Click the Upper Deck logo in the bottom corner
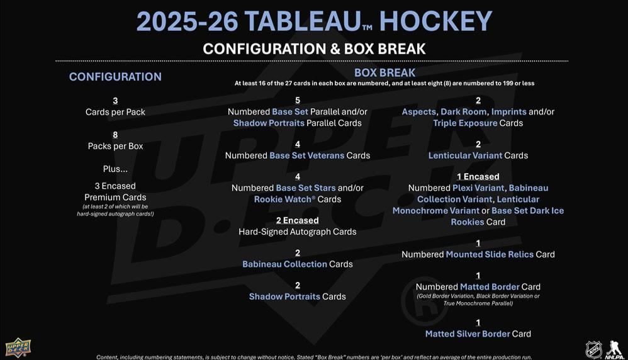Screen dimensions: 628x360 tap(18, 347)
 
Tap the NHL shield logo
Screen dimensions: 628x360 tap(593, 349)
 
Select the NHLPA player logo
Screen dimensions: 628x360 tap(614, 349)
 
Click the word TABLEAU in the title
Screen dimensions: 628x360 tap(303, 21)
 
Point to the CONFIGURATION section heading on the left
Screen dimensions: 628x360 tap(115, 77)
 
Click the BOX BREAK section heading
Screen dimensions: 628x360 tap(385, 72)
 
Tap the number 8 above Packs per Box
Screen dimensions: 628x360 tap(115, 135)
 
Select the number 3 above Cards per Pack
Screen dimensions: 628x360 tap(115, 101)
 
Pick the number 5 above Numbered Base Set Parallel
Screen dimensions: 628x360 tap(298, 101)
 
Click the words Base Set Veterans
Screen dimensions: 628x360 tap(307, 155)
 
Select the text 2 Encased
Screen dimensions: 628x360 tap(298, 221)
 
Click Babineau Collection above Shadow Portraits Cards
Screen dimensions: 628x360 tap(285, 264)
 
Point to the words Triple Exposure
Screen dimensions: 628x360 tap(465, 123)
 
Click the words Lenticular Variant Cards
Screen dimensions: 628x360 tap(478, 155)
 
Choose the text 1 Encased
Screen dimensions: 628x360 tap(478, 177)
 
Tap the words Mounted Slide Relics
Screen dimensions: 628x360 tap(490, 254)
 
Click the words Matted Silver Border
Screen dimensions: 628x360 tap(468, 334)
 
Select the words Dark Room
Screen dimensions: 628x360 tap(464, 112)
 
